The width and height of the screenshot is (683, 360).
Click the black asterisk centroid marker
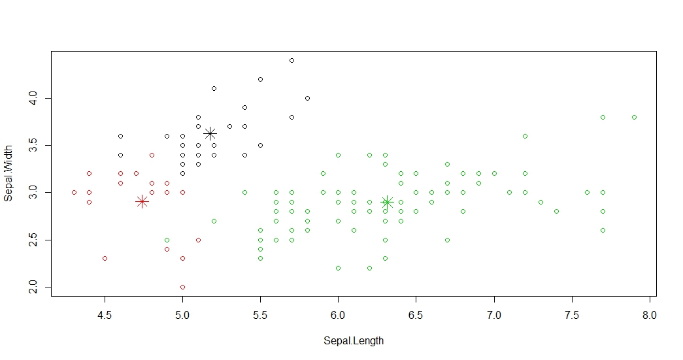(210, 133)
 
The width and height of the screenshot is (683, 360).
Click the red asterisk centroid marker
(142, 202)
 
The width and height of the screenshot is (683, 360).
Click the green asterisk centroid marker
(387, 202)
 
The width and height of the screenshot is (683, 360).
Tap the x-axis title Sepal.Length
(354, 341)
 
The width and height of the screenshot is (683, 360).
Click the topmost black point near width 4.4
(292, 60)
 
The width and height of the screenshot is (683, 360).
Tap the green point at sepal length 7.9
(634, 117)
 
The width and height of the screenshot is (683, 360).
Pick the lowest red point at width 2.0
(182, 287)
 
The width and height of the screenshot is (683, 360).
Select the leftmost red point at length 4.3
(74, 192)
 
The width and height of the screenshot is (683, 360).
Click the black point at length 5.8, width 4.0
(307, 98)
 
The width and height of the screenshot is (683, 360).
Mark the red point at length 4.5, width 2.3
(105, 258)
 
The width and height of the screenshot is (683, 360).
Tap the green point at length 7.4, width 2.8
(556, 211)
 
